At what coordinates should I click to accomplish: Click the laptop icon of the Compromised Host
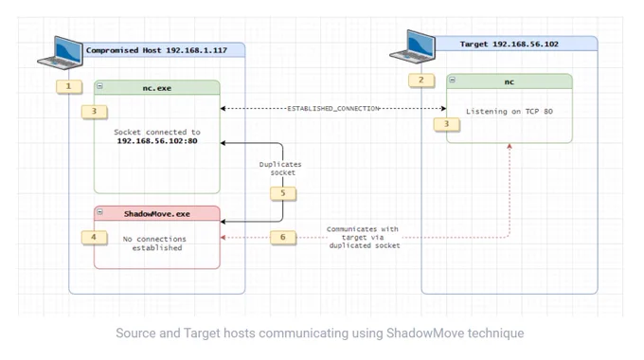60,53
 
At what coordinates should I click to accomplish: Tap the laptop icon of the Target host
412,46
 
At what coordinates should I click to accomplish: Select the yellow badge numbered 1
68,87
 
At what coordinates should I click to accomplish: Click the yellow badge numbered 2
421,81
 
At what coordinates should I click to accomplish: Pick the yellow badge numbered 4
94,237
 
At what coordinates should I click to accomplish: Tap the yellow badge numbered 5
282,193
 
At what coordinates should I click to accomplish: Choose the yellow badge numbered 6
282,237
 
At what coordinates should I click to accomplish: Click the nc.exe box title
157,88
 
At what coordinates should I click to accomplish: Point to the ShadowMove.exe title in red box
157,214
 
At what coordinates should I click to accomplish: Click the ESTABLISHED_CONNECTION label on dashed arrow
333,109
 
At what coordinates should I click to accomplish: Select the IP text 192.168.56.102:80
157,141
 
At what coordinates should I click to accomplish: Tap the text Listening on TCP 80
510,112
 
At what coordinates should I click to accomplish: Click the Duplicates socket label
281,169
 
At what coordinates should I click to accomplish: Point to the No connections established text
154,243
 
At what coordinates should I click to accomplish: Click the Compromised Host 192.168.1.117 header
156,50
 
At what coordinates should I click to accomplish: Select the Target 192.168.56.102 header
510,44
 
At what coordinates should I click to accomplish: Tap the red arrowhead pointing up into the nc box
510,146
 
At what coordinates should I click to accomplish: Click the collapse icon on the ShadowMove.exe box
99,211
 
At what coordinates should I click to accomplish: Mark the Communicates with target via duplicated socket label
364,237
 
